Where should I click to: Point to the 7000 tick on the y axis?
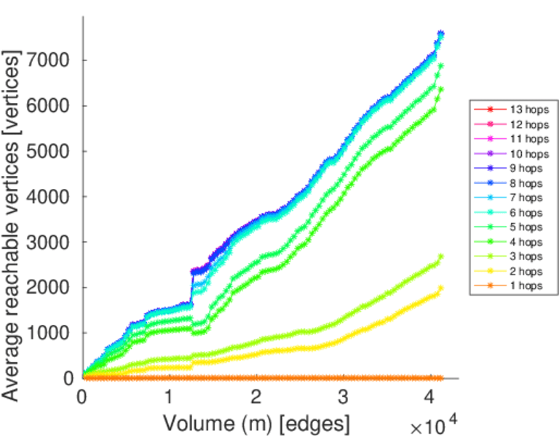coord(49,60)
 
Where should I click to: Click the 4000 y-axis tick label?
coord(49,197)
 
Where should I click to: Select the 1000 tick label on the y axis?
coord(49,334)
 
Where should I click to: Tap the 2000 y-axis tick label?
coord(49,288)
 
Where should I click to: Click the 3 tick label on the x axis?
coord(343,397)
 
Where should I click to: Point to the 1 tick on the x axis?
coord(169,397)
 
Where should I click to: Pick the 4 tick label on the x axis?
coord(430,397)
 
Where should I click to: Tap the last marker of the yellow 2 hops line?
coord(440,288)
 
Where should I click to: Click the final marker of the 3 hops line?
coord(440,257)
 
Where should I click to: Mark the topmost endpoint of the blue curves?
coord(440,33)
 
